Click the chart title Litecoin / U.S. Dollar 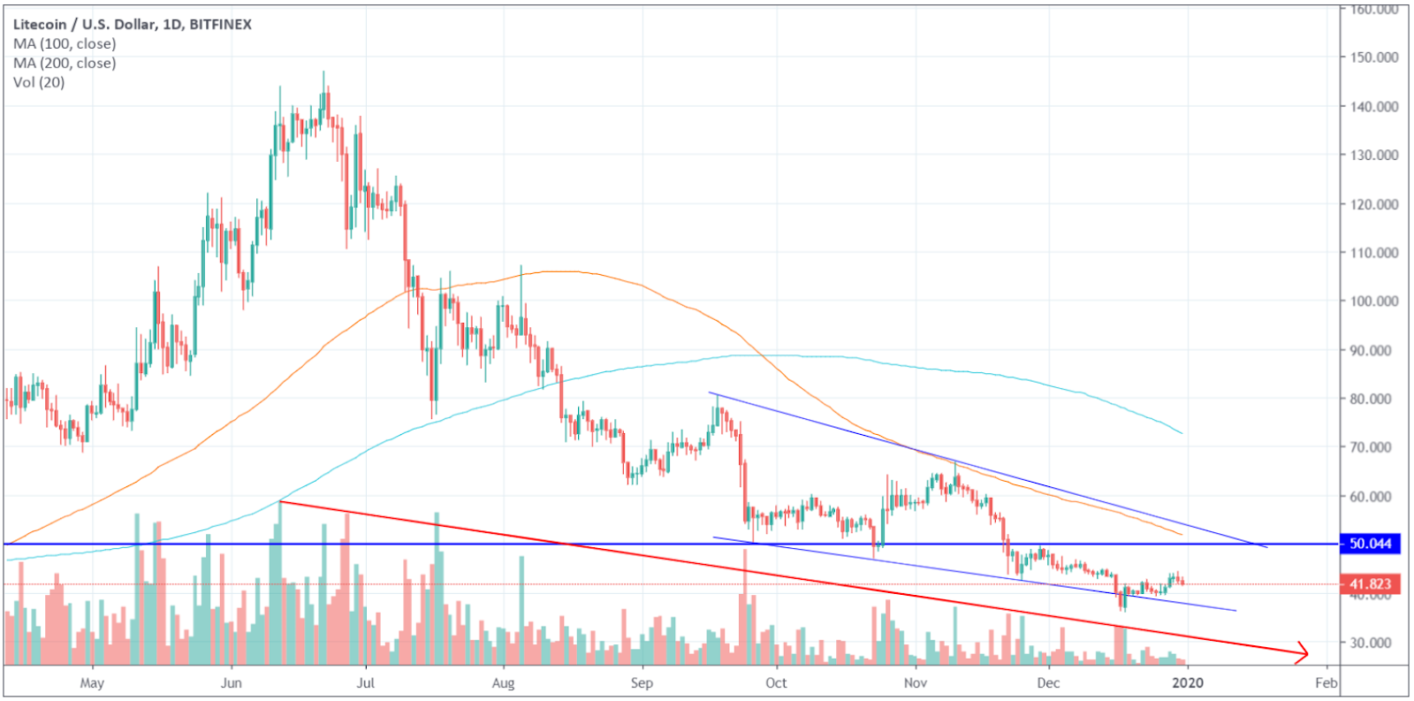(85, 25)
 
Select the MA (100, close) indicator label (65, 44)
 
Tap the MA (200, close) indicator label (65, 64)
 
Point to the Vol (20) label (39, 82)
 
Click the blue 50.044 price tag (1370, 544)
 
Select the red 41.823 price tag (1370, 584)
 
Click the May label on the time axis (92, 682)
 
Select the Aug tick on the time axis (503, 682)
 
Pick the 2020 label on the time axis (1188, 682)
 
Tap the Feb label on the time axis (1326, 682)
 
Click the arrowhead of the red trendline (1303, 653)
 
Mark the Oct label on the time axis (776, 682)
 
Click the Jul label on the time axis (365, 682)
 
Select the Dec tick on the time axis (1048, 682)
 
